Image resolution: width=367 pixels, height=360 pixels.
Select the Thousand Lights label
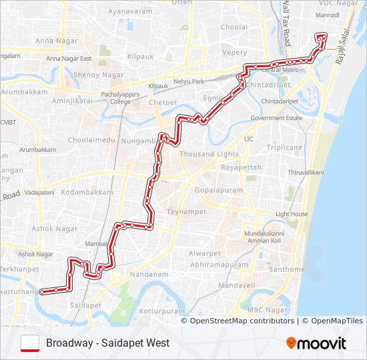coord(200,154)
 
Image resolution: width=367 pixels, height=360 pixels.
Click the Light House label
coord(292,214)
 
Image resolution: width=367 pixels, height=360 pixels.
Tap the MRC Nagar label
coord(267,310)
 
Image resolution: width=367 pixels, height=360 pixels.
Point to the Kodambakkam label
coord(87,192)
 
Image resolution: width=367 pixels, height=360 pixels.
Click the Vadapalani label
coord(39,191)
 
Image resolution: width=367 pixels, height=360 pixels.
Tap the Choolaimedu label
coord(91,141)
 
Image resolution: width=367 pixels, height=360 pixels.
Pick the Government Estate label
coord(276,118)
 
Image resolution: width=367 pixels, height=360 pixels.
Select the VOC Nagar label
coord(341,4)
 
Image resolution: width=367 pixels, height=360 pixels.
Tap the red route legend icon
coord(30,343)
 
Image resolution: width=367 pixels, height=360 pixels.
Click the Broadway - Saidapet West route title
coord(107,343)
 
